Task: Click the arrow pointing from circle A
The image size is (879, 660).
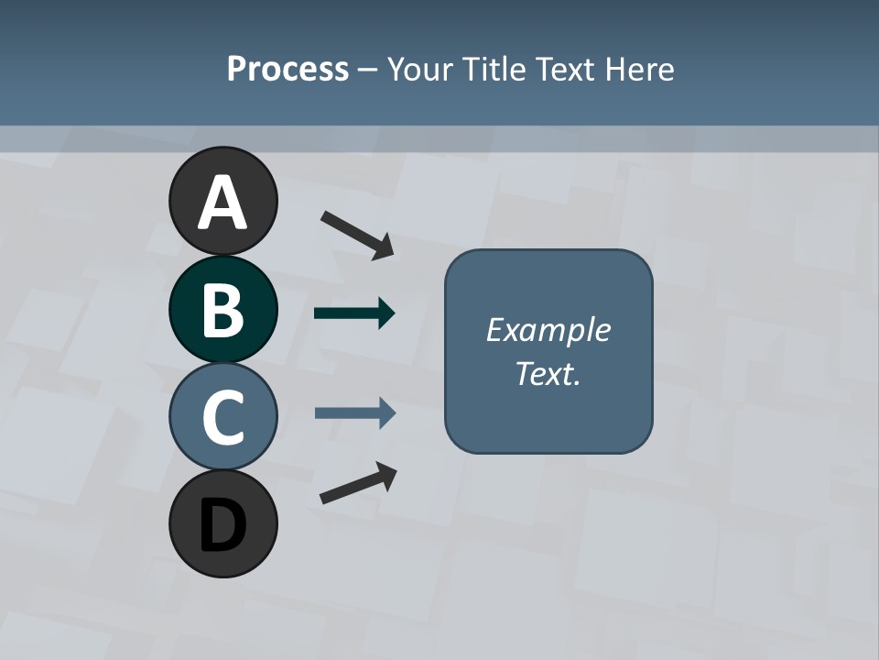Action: click(357, 234)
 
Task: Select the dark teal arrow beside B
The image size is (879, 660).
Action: click(354, 313)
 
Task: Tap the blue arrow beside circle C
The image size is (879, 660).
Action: click(354, 413)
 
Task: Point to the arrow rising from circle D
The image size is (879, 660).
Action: click(358, 482)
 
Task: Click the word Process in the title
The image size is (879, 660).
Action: click(288, 69)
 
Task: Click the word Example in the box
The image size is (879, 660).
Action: click(548, 330)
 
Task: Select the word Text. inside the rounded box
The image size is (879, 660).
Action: click(548, 373)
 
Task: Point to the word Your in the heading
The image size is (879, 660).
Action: click(419, 69)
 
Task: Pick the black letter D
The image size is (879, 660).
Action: click(222, 525)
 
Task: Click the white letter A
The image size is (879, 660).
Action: click(222, 203)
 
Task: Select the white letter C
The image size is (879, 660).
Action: click(222, 417)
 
